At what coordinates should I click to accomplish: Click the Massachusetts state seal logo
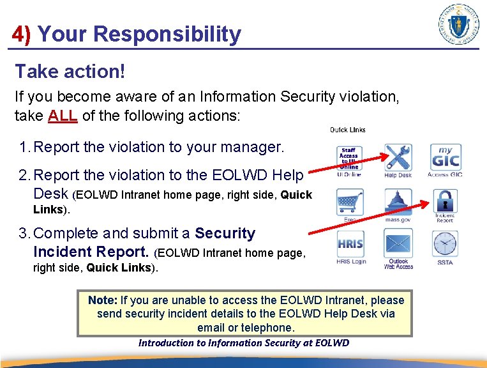pyautogui.click(x=459, y=24)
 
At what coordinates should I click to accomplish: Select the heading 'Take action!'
pyautogui.click(x=70, y=72)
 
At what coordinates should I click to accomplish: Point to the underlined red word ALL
pyautogui.click(x=63, y=116)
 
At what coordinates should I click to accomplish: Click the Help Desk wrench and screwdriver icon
pyautogui.click(x=398, y=158)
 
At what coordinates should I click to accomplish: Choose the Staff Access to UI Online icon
pyautogui.click(x=349, y=158)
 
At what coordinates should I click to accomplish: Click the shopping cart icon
pyautogui.click(x=349, y=202)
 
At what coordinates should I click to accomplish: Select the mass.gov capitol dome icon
pyautogui.click(x=398, y=202)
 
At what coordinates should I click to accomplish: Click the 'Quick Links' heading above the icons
pyautogui.click(x=347, y=130)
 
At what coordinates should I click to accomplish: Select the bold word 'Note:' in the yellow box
pyautogui.click(x=102, y=300)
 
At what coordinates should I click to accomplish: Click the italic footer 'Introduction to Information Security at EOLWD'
pyautogui.click(x=244, y=343)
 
